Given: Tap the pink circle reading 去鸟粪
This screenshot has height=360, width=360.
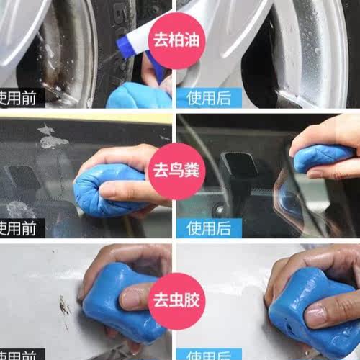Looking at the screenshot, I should pos(174,172).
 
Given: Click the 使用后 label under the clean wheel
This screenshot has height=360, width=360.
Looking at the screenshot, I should pos(208,95).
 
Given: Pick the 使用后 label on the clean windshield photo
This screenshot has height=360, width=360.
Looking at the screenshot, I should pos(208,228).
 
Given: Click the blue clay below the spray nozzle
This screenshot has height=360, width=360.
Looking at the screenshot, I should pos(137,96).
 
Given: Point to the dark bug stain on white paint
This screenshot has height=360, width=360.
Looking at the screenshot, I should pos(66,306).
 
